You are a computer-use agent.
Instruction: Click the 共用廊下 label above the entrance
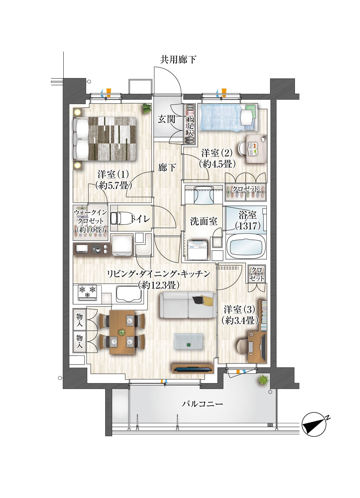point(178,59)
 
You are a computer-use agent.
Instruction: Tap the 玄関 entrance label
point(166,119)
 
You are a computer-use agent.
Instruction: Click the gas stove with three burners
point(88,292)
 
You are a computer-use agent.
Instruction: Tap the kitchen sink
point(129,294)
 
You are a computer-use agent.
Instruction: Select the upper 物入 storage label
point(79,320)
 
